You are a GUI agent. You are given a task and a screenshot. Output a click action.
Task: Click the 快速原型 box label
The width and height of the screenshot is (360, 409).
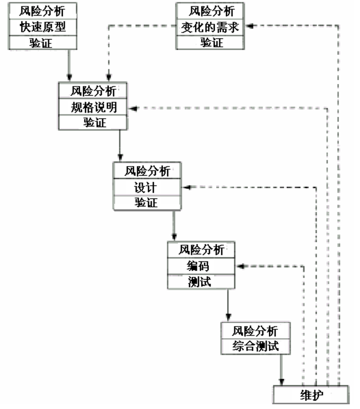42,27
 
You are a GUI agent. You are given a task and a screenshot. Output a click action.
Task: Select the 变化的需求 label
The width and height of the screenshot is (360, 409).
211,27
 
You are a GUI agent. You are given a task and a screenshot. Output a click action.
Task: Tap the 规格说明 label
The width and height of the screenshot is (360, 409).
93,107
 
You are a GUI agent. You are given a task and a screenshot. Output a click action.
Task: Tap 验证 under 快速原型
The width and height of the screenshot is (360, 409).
42,42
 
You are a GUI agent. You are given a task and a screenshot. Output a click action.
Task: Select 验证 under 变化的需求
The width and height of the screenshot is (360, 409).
211,42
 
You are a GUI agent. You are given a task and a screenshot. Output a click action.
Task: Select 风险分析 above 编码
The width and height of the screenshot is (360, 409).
201,250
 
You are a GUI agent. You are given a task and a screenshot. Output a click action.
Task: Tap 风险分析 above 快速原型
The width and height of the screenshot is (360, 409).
42,10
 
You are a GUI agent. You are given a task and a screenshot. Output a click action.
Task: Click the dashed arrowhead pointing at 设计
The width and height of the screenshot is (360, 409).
187,187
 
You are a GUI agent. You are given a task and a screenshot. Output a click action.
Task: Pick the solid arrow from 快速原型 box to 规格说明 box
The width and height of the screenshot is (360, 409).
69,65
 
